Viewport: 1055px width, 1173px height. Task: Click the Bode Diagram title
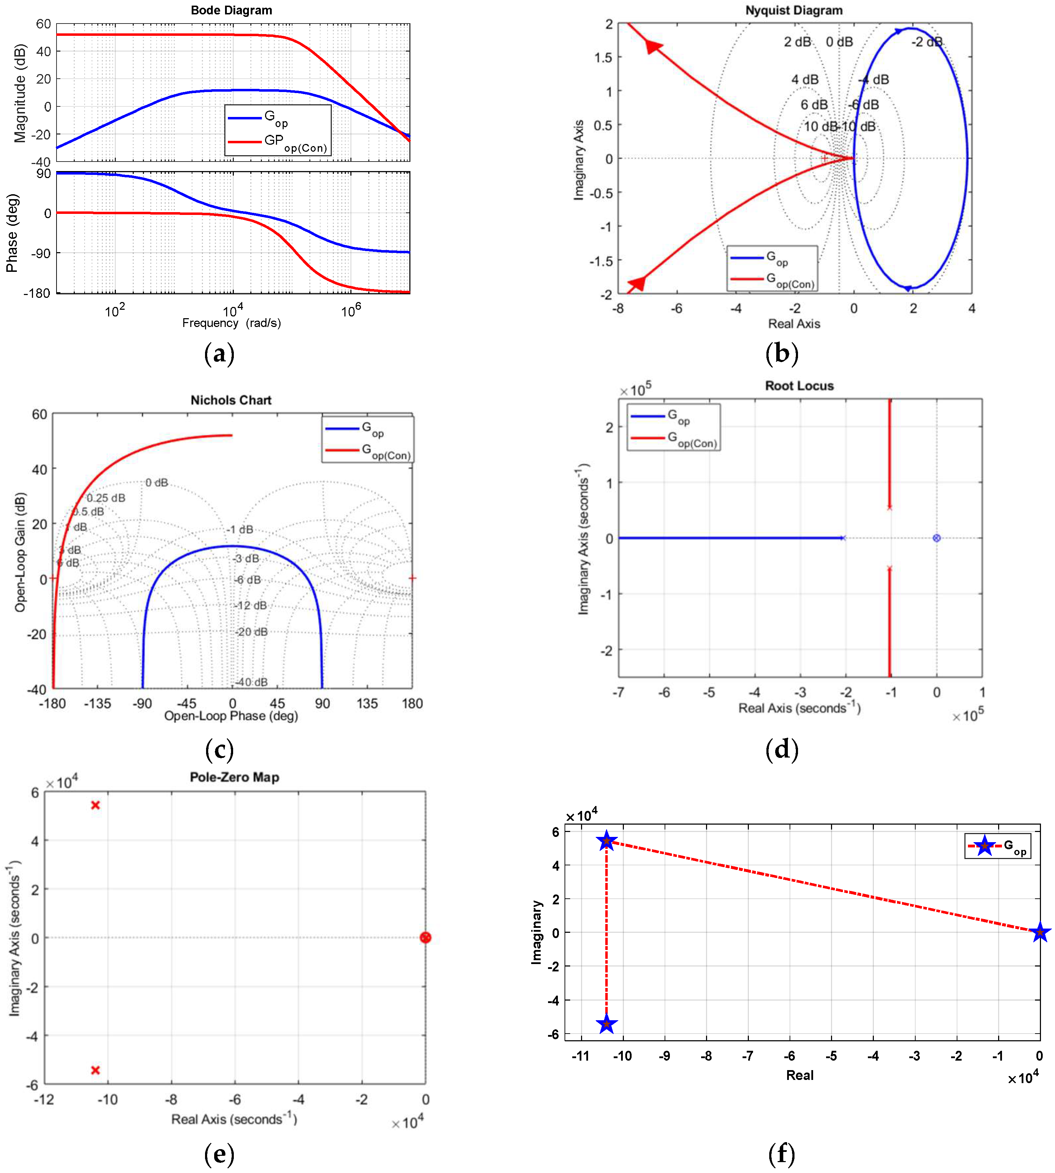pos(231,11)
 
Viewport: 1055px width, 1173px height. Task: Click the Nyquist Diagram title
pos(793,11)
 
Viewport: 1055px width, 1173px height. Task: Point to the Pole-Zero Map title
pos(234,777)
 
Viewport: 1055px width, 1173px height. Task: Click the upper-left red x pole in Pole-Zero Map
pos(95,805)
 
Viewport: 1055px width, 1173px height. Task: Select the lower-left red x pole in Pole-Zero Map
pos(95,1070)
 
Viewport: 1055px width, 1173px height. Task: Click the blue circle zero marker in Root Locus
pos(936,538)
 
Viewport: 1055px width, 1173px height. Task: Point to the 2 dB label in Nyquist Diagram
pos(797,42)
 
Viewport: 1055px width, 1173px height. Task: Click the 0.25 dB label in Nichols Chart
pos(106,498)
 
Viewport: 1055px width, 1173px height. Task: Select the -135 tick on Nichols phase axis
pos(97,703)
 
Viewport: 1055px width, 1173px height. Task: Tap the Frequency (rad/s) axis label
pos(231,323)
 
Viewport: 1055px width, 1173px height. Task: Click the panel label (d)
pos(782,750)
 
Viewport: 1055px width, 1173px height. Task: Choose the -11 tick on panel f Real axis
pos(581,1056)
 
